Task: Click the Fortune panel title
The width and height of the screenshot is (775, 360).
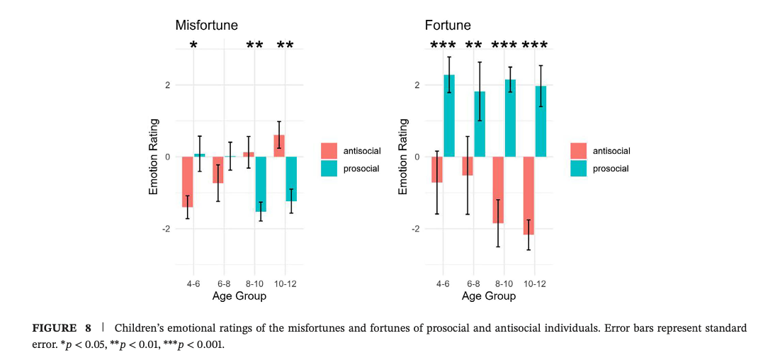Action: (448, 26)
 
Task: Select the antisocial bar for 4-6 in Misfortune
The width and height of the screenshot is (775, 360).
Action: (188, 181)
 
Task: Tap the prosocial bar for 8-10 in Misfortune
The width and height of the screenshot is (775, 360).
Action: (261, 184)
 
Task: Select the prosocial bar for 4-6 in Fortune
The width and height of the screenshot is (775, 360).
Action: (449, 116)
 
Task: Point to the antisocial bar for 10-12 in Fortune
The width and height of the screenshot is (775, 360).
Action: (528, 196)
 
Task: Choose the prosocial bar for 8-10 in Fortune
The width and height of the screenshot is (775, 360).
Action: (510, 118)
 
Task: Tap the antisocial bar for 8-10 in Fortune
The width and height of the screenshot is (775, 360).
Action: (498, 190)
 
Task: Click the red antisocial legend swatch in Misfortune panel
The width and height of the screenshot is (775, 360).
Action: (329, 150)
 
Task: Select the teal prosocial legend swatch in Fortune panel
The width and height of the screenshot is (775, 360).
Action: (578, 169)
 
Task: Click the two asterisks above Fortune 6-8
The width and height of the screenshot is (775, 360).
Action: (473, 46)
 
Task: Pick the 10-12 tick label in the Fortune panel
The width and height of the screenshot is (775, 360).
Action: (535, 283)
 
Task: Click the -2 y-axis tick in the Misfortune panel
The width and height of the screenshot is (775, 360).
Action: (166, 229)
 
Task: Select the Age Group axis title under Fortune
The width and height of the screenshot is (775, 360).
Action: (489, 296)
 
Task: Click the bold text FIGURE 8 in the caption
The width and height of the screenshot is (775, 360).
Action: (62, 329)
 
